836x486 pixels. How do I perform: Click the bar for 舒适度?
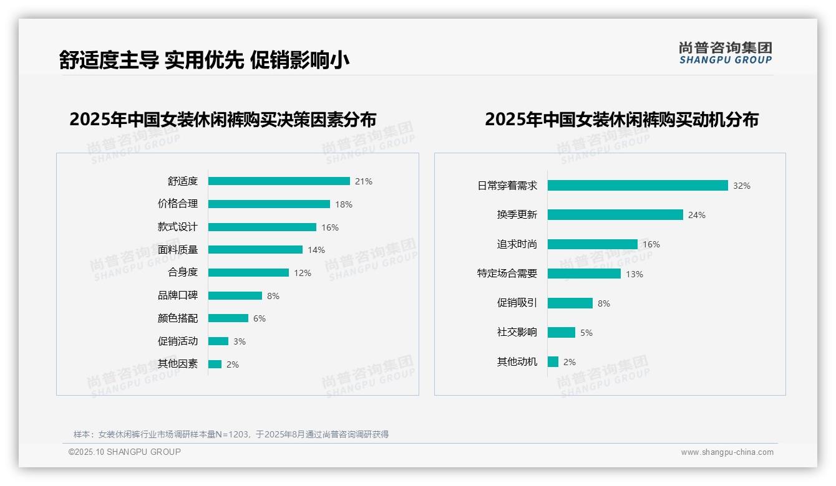tap(279, 181)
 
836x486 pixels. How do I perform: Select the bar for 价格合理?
tap(269, 204)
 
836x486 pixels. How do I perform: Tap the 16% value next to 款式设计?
tap(330, 227)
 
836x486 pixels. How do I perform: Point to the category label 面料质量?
tap(178, 250)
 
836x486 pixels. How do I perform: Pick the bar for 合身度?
tap(248, 273)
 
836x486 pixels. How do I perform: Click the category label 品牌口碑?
tap(178, 296)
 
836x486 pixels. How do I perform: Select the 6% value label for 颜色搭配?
tap(260, 318)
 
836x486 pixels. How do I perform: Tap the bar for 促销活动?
tap(218, 341)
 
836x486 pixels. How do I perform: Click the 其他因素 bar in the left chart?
tap(215, 364)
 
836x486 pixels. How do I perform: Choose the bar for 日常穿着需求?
tap(638, 186)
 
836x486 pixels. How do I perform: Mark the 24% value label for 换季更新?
tap(697, 215)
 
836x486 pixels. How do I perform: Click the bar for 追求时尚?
tap(593, 244)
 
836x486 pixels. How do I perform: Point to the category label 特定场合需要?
tap(507, 274)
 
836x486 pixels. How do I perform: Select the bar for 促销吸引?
tap(570, 303)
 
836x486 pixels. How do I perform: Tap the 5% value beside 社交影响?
tap(586, 333)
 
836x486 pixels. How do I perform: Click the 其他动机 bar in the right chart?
tap(553, 362)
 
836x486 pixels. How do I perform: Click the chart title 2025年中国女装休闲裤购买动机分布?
tap(621, 120)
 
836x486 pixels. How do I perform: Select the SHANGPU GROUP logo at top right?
tap(726, 53)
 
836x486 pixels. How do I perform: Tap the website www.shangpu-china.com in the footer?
tap(727, 452)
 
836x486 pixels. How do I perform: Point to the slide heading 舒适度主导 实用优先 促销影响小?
tap(204, 60)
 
